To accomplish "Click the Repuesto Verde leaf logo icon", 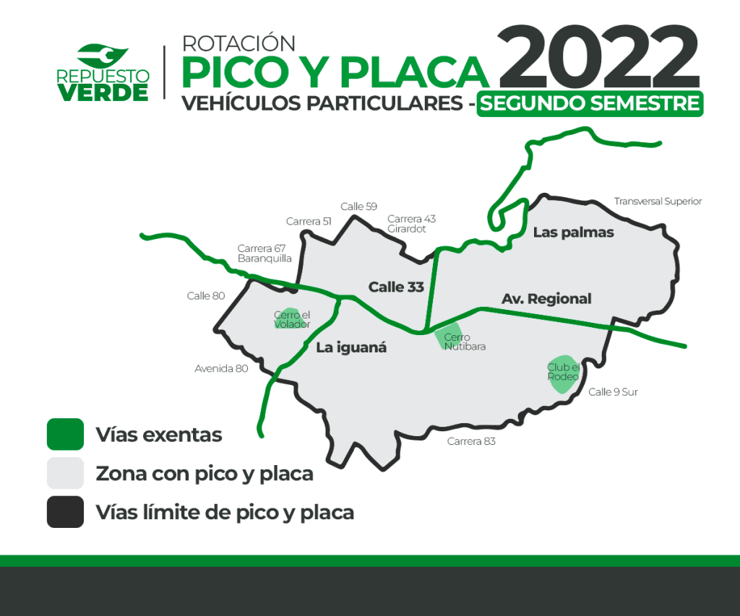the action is click(103, 56).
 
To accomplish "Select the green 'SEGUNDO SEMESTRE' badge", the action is click(590, 104).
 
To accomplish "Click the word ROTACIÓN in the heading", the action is click(238, 43).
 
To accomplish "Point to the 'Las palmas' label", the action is click(573, 233).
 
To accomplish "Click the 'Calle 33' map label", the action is click(396, 287).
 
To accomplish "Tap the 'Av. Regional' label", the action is click(546, 298).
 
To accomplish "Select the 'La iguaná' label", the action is click(351, 347).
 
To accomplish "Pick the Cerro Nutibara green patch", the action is click(448, 336).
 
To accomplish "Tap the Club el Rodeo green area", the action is click(564, 374).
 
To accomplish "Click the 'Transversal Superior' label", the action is click(658, 201).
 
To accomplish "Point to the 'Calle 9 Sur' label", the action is click(613, 392).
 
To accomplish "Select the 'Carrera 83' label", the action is click(471, 441).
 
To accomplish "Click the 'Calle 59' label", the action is click(358, 207).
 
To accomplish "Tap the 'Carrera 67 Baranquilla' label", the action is click(264, 253).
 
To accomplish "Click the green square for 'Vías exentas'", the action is click(65, 434).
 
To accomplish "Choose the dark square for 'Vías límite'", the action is click(65, 512).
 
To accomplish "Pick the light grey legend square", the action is click(65, 472).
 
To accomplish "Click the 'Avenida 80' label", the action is click(221, 368).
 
